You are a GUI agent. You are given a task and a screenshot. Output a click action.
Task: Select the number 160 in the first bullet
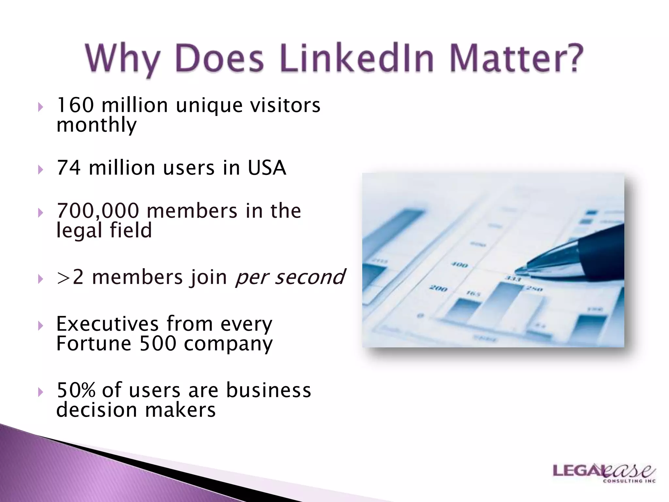(x=75, y=105)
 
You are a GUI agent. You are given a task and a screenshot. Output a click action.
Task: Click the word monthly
(x=96, y=125)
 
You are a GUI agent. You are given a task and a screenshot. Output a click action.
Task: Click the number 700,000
(x=98, y=211)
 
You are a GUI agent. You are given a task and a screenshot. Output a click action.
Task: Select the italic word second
(x=309, y=277)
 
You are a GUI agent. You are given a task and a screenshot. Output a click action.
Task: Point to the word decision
(x=96, y=410)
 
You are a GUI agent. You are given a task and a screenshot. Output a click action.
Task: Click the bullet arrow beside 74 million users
(x=40, y=170)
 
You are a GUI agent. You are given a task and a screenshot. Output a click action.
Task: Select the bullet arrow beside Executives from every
(x=40, y=326)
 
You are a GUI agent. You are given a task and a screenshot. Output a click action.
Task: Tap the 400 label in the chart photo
(x=460, y=265)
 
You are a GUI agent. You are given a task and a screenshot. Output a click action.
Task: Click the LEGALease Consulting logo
(x=604, y=473)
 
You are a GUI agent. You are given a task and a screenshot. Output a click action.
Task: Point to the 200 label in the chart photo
(x=438, y=288)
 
